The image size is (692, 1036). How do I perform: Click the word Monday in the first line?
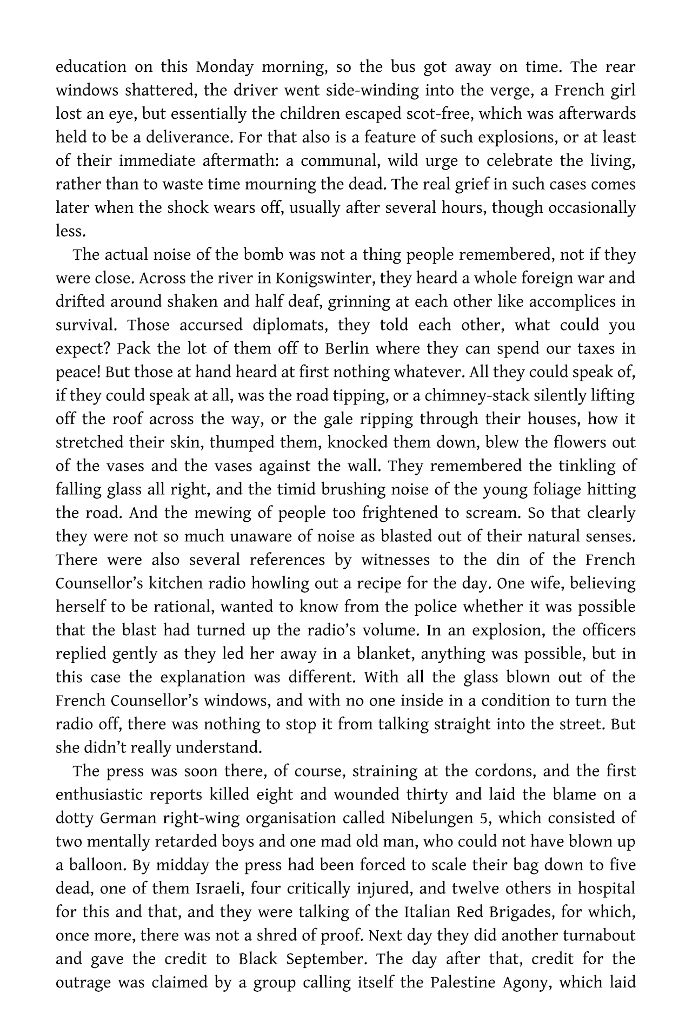224,68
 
